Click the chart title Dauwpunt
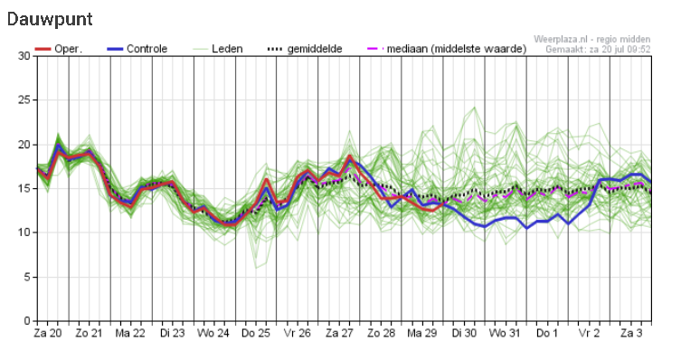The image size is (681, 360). tap(50, 20)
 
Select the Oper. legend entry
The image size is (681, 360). tap(58, 49)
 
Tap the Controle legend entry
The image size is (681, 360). tap(137, 49)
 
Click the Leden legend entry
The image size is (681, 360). tap(217, 49)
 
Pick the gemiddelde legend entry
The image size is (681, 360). tap(305, 49)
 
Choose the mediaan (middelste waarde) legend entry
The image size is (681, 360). tap(447, 49)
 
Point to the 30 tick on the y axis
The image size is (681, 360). tap(24, 56)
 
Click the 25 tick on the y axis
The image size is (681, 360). tap(24, 100)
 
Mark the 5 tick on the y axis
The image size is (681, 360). tap(27, 277)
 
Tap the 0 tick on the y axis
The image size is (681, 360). tap(27, 321)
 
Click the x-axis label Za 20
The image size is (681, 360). tap(48, 334)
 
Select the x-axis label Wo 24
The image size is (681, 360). tap(213, 334)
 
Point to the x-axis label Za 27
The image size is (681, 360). tap(339, 334)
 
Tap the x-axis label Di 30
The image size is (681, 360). tap(464, 334)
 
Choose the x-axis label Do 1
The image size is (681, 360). tap(546, 334)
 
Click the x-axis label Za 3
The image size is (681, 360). tap(631, 334)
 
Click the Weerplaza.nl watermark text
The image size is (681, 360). tap(592, 40)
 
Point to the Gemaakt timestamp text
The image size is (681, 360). tap(598, 50)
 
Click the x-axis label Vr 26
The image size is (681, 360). tap(298, 334)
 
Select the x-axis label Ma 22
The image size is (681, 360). tap(130, 334)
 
